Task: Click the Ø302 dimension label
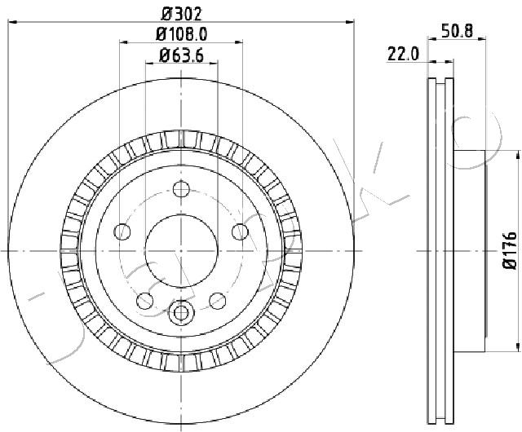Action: coord(181,14)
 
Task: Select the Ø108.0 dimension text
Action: coord(181,34)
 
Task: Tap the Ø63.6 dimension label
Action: coord(181,55)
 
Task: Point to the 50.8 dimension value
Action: coord(457,31)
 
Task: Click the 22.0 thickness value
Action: coord(403,55)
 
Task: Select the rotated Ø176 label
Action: coord(510,250)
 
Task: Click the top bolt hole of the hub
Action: coord(181,189)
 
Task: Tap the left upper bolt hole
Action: coord(122,231)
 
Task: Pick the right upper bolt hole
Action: coord(240,231)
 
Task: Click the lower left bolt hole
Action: coord(145,301)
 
